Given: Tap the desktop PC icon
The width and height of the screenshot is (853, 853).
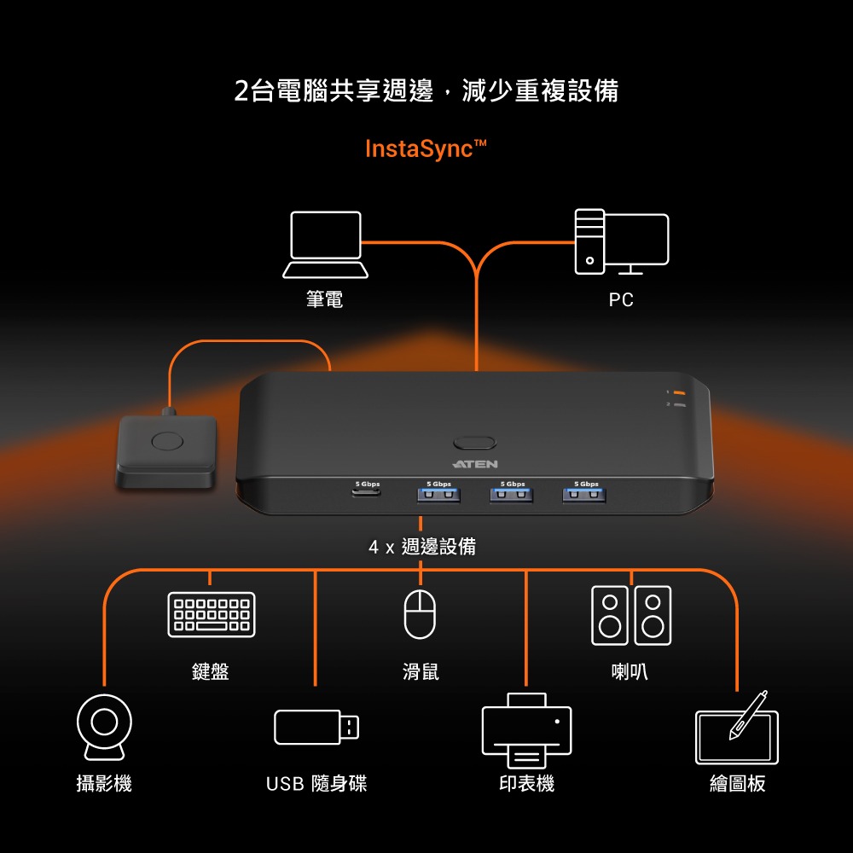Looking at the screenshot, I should (x=621, y=242).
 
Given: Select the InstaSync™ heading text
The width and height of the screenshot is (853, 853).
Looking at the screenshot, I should (x=426, y=149).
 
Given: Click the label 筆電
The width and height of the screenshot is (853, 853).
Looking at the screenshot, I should (x=325, y=299).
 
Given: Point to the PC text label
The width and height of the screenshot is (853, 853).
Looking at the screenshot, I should (x=621, y=299).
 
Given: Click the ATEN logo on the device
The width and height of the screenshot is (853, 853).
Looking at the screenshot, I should (x=474, y=464).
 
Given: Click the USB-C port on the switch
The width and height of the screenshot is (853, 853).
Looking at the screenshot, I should (x=367, y=493).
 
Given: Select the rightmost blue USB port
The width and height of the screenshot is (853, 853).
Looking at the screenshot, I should (x=584, y=494).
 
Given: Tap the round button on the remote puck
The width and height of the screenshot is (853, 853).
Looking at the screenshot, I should (x=166, y=441).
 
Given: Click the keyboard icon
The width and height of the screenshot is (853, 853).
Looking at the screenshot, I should (x=211, y=614).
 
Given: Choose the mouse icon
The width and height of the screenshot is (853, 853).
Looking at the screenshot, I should (x=420, y=614).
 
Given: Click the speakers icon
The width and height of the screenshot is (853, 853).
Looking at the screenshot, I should (x=631, y=614).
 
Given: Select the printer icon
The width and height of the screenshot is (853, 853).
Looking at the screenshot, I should (x=526, y=731).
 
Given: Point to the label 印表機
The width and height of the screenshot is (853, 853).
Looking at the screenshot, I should (x=526, y=783).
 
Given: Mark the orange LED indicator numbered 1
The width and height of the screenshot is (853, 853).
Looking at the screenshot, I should (x=680, y=392).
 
